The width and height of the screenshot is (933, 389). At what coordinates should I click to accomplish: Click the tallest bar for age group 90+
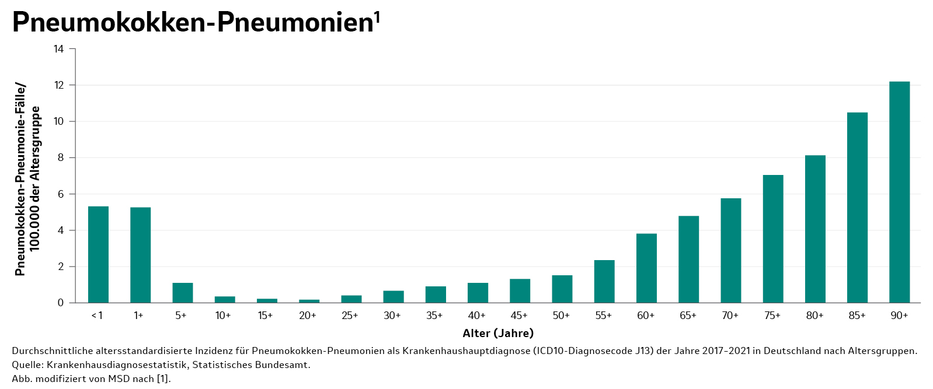[899, 192]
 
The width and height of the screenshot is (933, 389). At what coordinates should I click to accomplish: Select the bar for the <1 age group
[98, 254]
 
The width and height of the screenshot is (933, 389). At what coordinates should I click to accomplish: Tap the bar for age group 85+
[857, 208]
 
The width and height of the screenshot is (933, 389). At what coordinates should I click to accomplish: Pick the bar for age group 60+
[646, 268]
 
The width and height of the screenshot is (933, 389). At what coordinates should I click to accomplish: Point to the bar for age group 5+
[182, 293]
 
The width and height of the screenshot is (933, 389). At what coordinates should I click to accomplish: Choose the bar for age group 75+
[773, 239]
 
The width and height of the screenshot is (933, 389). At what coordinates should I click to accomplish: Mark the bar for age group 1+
[140, 255]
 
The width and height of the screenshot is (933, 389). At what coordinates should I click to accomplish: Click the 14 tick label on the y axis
[58, 49]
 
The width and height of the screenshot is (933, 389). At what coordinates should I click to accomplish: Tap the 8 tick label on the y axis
[61, 158]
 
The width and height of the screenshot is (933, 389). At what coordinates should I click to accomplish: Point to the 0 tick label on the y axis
[61, 303]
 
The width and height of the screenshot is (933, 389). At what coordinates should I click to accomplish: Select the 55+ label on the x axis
[603, 316]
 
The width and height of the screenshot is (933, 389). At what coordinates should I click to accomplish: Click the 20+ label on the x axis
[308, 316]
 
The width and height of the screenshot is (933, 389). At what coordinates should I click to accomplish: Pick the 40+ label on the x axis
[476, 316]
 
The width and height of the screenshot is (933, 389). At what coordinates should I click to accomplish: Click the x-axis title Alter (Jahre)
[498, 334]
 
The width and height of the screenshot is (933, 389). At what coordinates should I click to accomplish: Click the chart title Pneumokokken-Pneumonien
[193, 22]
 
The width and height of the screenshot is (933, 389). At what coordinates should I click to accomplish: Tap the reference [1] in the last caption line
[163, 379]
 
